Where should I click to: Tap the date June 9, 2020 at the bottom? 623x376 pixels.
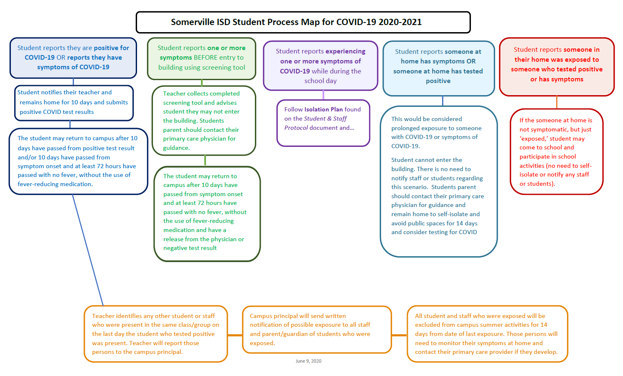click(308, 361)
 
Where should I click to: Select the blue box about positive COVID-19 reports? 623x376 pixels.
click(73, 58)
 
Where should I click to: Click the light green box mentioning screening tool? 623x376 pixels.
click(201, 58)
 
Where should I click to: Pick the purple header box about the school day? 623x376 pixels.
click(320, 66)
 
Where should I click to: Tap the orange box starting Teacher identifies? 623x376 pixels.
click(155, 334)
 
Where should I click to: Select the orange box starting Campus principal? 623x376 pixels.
click(317, 330)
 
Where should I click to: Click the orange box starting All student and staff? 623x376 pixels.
click(487, 334)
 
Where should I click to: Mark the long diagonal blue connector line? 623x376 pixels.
click(88, 250)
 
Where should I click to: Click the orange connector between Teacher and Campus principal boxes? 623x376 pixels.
click(235, 335)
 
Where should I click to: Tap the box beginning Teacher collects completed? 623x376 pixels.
click(203, 121)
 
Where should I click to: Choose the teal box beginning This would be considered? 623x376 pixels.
click(438, 182)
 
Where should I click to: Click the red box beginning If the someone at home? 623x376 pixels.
click(556, 152)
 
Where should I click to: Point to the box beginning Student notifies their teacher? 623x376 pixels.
click(74, 102)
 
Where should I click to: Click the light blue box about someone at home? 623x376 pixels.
click(438, 67)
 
